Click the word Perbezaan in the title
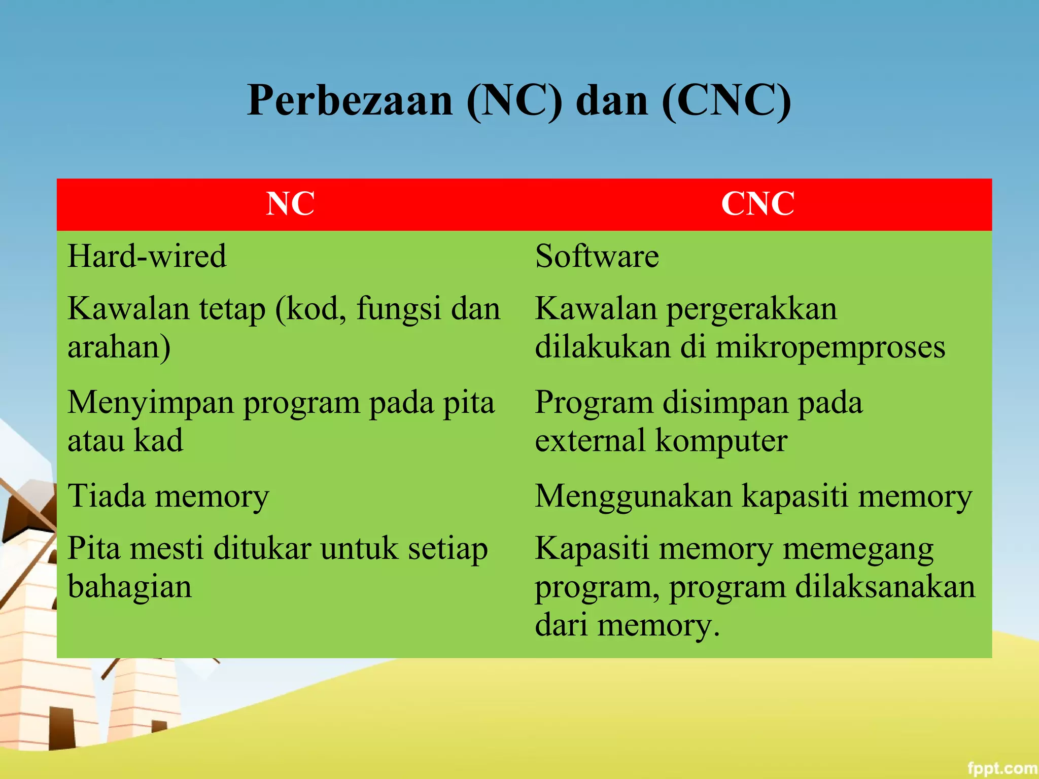click(350, 100)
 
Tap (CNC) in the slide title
click(726, 100)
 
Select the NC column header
click(290, 204)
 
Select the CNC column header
click(758, 204)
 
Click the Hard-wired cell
click(147, 256)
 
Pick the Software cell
click(597, 256)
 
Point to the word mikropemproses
click(830, 348)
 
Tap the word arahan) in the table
click(119, 348)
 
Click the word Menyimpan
click(151, 403)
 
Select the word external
click(590, 440)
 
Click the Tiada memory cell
click(168, 496)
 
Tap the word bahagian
click(130, 587)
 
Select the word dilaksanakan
click(885, 587)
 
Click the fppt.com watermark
click(1001, 768)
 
